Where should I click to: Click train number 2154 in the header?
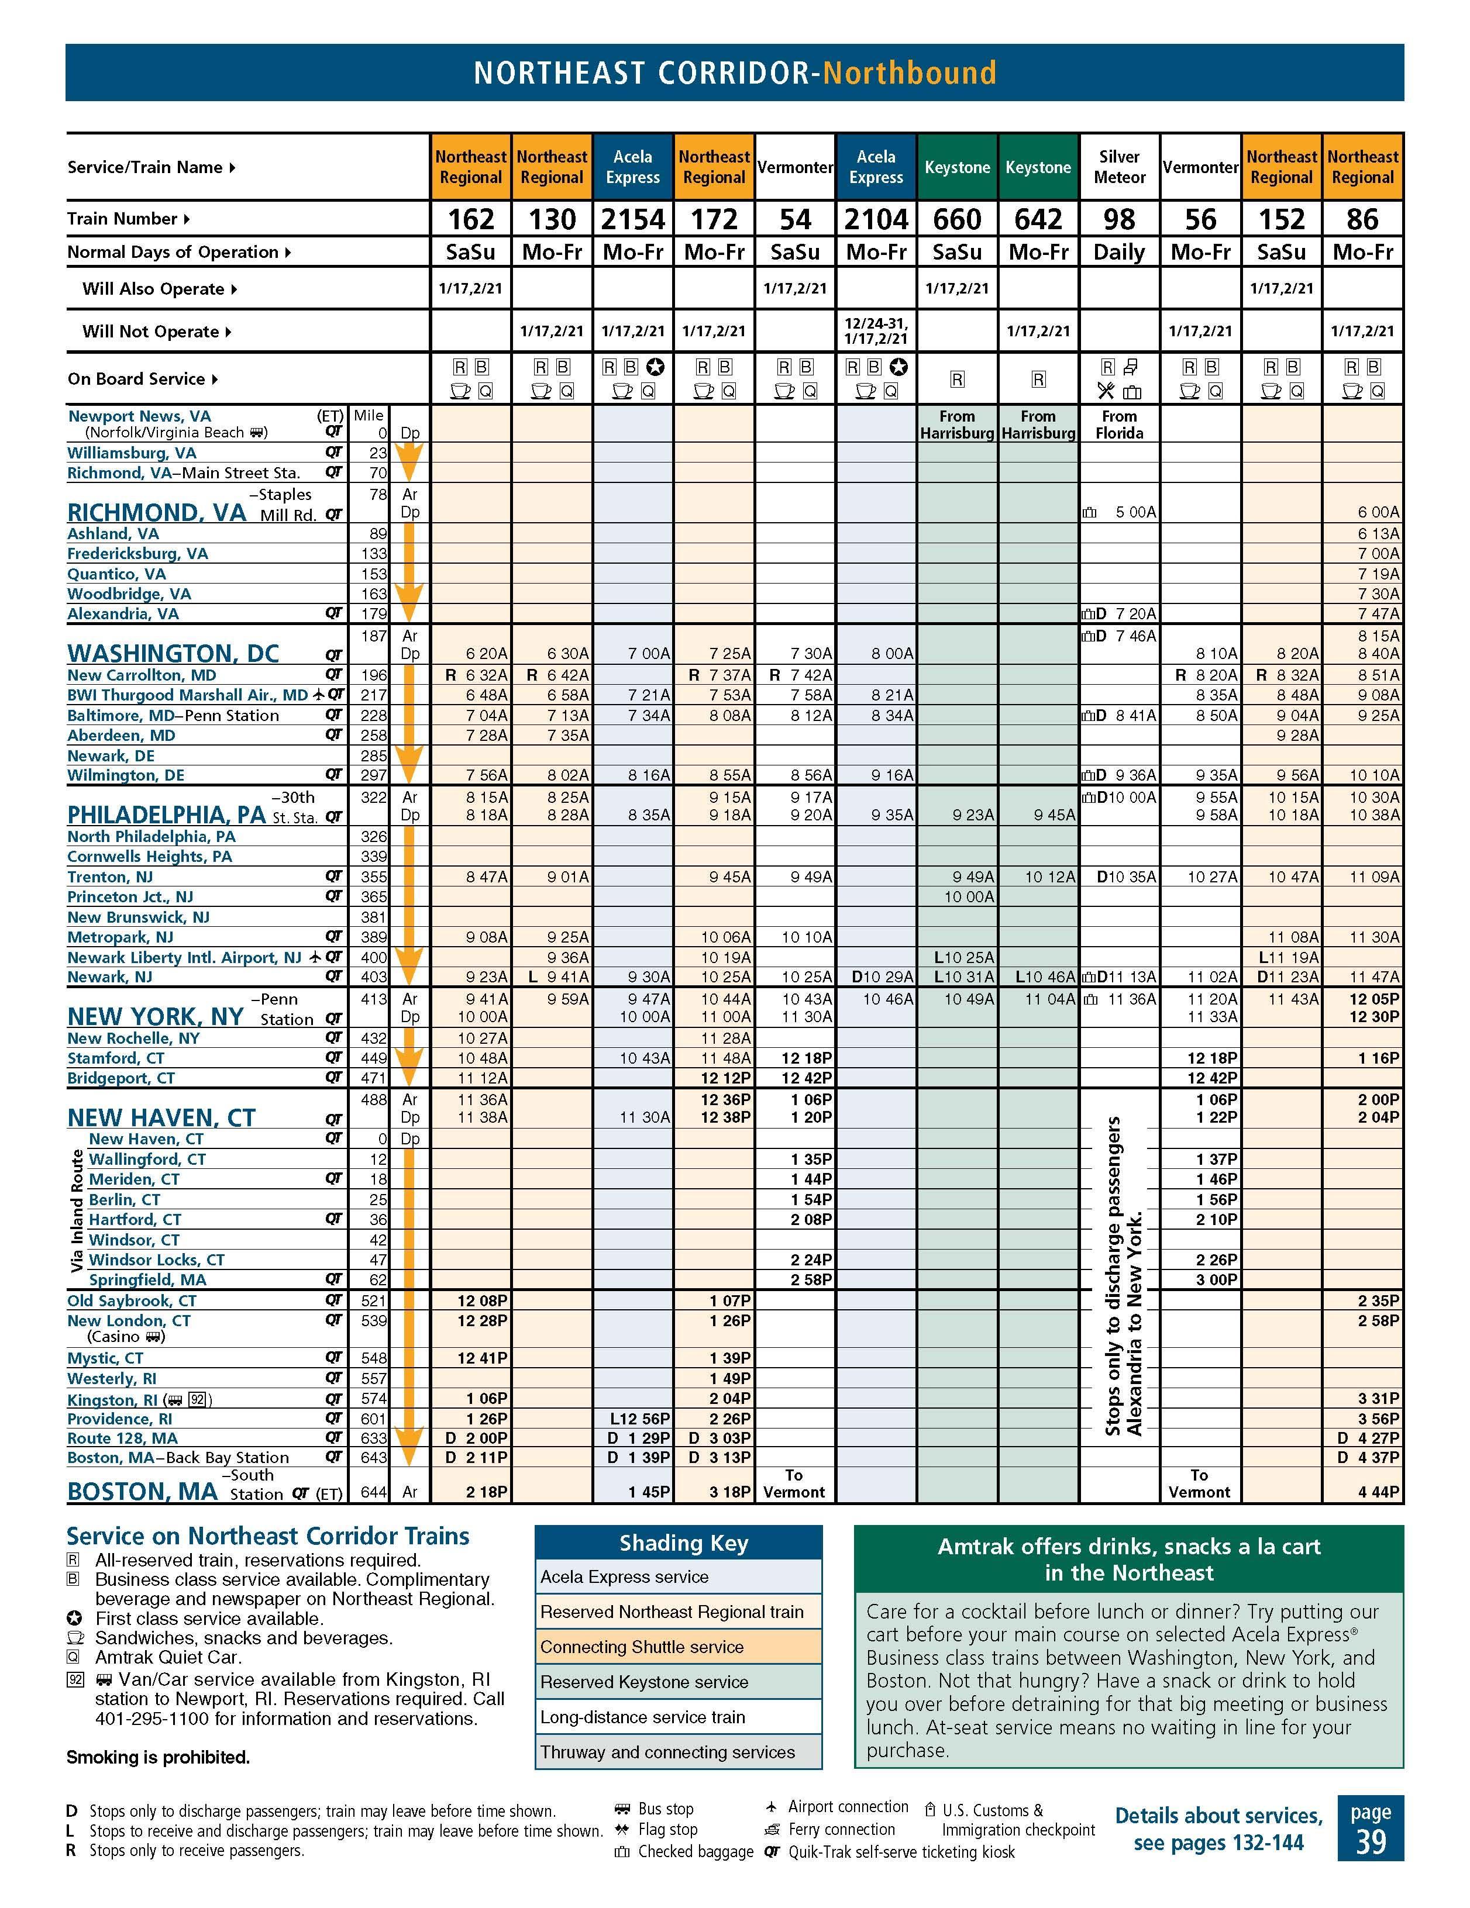click(633, 219)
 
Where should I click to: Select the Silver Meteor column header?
click(1118, 167)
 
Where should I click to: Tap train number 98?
click(1118, 219)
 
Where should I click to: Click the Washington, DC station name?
click(173, 654)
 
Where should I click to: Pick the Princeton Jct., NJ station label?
click(130, 897)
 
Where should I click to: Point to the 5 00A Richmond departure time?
click(1134, 513)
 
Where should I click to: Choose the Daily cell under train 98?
click(1118, 253)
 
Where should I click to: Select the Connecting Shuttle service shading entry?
click(642, 1647)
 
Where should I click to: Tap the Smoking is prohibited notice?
click(158, 1757)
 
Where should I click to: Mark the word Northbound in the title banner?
click(909, 73)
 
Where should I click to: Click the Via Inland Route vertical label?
click(77, 1210)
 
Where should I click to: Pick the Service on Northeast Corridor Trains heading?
click(267, 1536)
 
